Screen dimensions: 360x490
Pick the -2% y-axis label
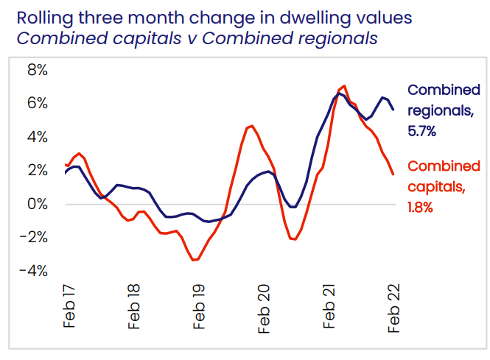pyautogui.click(x=34, y=237)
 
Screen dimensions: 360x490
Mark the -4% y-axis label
pyautogui.click(x=34, y=270)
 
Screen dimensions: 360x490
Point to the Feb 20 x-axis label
pyautogui.click(x=265, y=307)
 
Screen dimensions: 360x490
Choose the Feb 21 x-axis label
pyautogui.click(x=330, y=307)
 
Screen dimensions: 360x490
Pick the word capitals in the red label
pyautogui.click(x=436, y=187)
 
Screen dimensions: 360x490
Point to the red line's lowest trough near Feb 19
pyautogui.click(x=194, y=260)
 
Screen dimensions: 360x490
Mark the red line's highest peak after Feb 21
pyautogui.click(x=344, y=86)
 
